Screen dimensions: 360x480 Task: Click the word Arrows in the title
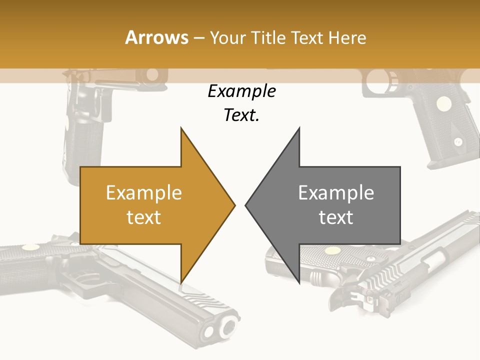[156, 37]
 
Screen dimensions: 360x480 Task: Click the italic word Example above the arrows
[241, 91]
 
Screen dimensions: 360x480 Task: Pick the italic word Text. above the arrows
[241, 115]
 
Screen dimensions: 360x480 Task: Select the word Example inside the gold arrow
[143, 193]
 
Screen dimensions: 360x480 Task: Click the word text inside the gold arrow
[143, 217]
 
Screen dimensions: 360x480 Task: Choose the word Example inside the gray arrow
[336, 193]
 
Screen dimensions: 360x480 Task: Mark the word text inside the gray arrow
[336, 217]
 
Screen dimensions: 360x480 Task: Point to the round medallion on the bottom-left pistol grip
[30, 247]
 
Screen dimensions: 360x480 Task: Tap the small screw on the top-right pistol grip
[457, 141]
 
